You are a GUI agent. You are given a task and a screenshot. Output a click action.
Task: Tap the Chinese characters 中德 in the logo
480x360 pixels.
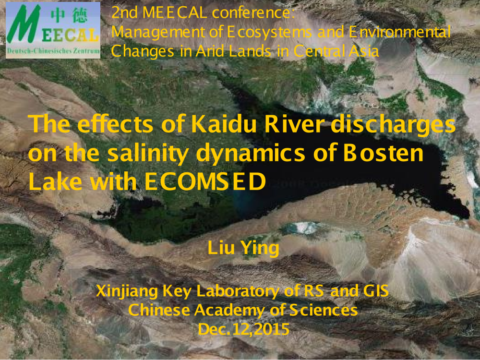[x=69, y=16]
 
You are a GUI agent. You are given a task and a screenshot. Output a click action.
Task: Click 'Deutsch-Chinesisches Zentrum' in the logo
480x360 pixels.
[x=53, y=51]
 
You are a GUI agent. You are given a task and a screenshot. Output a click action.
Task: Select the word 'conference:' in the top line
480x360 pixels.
[x=253, y=12]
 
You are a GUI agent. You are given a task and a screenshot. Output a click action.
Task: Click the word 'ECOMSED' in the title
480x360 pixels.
[x=205, y=181]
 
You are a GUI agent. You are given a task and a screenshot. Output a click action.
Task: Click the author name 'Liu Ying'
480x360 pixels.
[x=243, y=248]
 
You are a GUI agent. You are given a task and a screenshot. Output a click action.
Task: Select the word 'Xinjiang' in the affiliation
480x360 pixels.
[x=127, y=291]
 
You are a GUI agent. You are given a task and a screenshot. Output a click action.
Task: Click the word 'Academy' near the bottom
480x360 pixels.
[x=229, y=310]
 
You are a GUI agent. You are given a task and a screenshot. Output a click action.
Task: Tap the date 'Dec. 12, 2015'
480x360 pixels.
[x=243, y=329]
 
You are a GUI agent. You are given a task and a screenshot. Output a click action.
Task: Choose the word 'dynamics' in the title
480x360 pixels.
[x=251, y=154]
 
